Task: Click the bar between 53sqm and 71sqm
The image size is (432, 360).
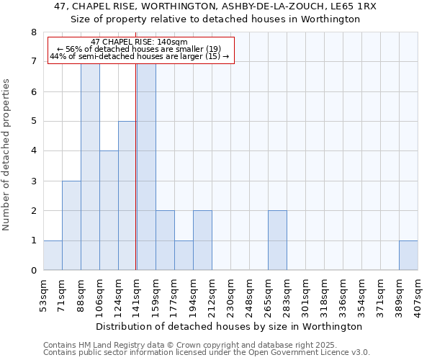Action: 53,256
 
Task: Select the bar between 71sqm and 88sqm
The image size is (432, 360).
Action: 71,225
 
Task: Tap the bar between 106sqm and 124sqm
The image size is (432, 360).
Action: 109,210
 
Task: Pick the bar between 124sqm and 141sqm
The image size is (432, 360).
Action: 127,196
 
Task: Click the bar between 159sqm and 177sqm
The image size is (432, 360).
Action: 165,240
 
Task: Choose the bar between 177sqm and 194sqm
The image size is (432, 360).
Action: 184,256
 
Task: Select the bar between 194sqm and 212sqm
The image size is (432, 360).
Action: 202,240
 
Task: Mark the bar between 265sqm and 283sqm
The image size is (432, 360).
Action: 277,240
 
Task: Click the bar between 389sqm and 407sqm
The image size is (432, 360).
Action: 408,256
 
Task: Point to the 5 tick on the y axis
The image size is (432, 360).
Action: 33,122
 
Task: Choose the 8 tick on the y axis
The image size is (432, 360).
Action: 33,32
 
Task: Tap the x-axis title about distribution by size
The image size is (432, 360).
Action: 229,326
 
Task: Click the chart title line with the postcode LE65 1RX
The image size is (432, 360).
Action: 215,6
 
